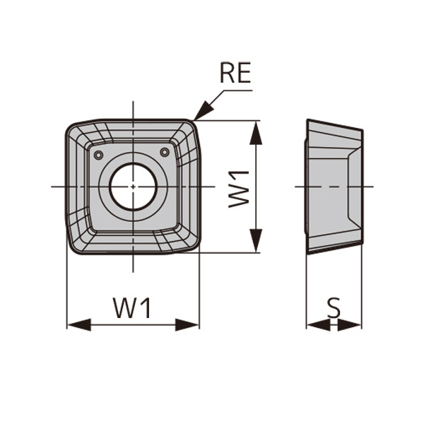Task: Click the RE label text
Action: (235, 73)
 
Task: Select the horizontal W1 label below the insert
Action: (133, 308)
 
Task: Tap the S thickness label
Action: (334, 307)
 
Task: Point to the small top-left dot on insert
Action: (98, 155)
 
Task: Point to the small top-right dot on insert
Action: (165, 152)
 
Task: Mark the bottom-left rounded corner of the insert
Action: (73, 246)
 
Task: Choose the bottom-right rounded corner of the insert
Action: (193, 245)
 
